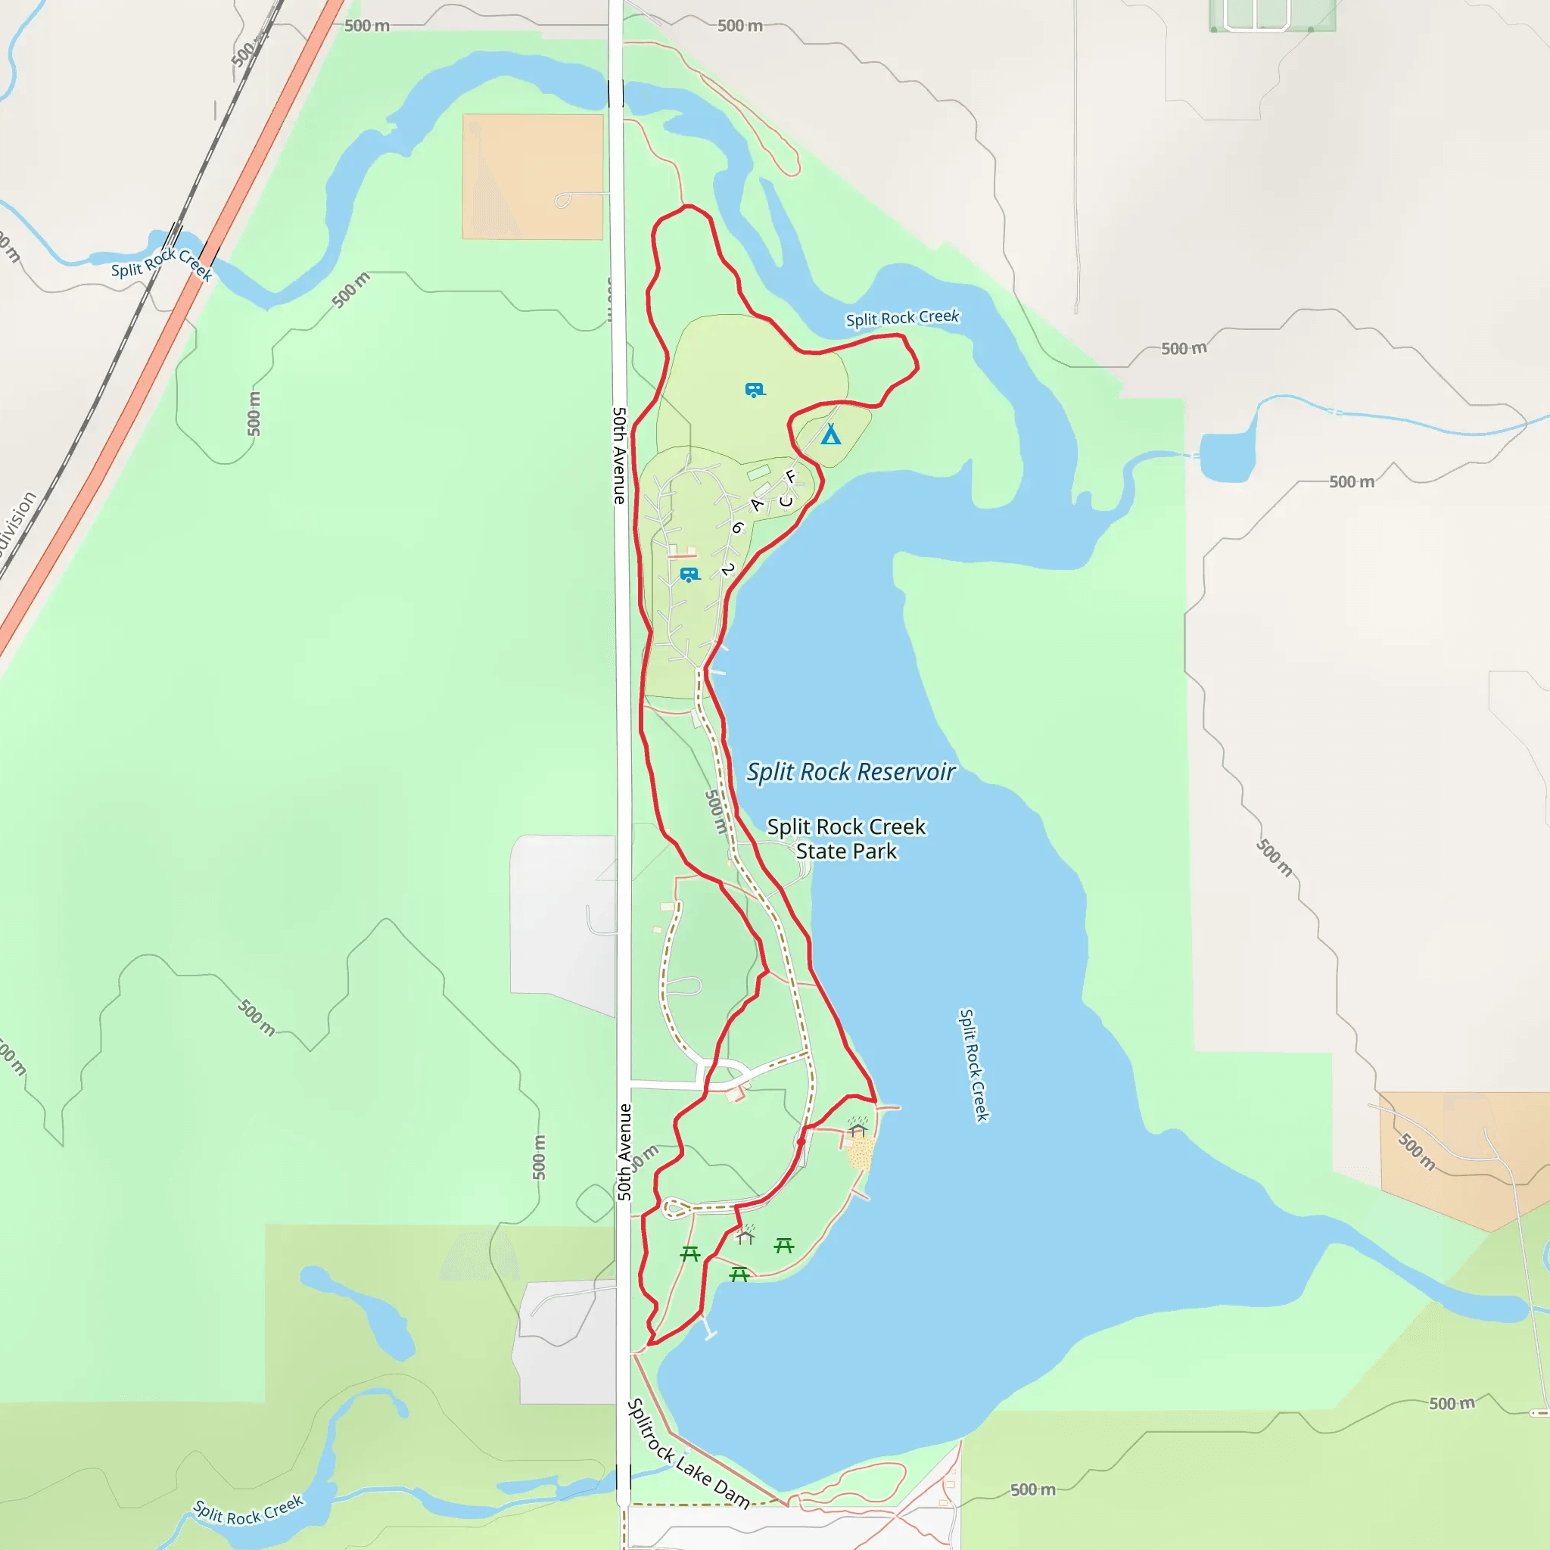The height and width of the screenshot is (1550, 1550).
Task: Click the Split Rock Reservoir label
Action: click(x=851, y=772)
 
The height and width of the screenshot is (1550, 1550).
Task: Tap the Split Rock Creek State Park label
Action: click(x=846, y=839)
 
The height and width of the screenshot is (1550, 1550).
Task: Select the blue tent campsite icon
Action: click(x=830, y=435)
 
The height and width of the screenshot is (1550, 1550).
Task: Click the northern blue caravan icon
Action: click(x=754, y=391)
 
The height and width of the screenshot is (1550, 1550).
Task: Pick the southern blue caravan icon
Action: click(x=689, y=574)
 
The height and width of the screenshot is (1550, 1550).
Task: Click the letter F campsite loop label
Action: click(x=790, y=477)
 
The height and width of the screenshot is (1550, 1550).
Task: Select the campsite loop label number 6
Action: click(x=737, y=527)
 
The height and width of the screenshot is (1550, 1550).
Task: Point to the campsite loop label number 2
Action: click(x=727, y=569)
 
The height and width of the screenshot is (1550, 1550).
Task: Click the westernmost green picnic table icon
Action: click(x=690, y=1253)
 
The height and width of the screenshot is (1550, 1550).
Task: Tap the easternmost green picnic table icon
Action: click(x=784, y=1245)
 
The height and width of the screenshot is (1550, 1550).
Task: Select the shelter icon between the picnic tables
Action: click(x=745, y=1235)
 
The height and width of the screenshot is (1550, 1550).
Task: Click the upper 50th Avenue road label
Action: click(x=618, y=455)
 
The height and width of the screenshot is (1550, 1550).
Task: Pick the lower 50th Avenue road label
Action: click(x=624, y=1152)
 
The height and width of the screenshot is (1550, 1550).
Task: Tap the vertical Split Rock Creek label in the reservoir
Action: click(x=973, y=1066)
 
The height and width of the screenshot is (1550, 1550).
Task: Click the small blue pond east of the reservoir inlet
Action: click(x=1227, y=457)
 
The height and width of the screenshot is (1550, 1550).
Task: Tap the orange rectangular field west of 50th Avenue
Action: click(x=532, y=176)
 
